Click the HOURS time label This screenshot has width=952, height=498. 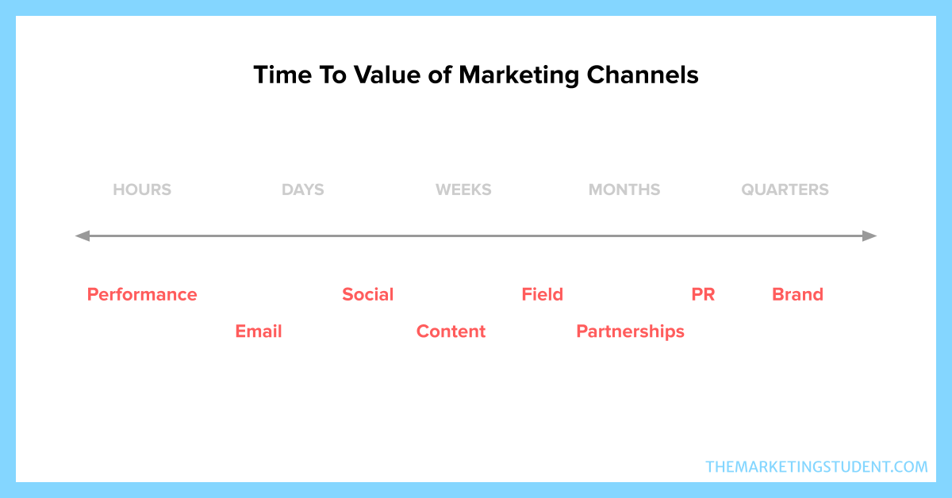tap(142, 190)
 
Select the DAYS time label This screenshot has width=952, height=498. tap(302, 190)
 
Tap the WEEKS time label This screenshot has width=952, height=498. tap(463, 190)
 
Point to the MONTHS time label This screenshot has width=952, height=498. tap(624, 190)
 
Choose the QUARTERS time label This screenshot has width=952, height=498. tap(785, 190)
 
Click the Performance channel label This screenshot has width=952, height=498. tap(142, 294)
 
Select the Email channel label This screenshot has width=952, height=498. tap(259, 331)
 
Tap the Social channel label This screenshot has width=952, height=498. tap(368, 294)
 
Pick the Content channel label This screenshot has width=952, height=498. tap(451, 331)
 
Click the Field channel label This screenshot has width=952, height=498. tap(543, 294)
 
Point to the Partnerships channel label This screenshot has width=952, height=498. tap(630, 331)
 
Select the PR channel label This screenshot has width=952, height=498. tap(704, 294)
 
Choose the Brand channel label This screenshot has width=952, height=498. tap(798, 294)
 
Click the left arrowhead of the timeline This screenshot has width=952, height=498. tap(75, 236)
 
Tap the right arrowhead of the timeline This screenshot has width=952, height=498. tap(877, 236)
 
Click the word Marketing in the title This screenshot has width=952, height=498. tap(519, 75)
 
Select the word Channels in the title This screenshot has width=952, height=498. tap(643, 75)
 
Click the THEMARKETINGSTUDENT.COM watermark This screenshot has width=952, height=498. tap(817, 467)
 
